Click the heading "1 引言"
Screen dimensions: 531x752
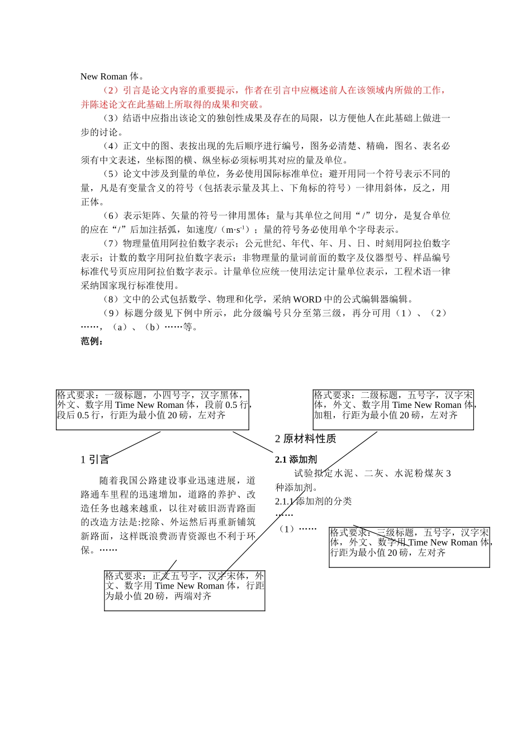click(x=94, y=460)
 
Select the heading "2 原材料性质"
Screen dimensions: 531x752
click(x=305, y=439)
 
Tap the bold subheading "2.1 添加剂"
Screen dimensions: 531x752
click(x=296, y=459)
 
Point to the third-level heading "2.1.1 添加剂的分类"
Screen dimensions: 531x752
click(x=313, y=501)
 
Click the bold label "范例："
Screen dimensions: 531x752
click(x=92, y=341)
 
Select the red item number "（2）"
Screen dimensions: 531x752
click(x=111, y=90)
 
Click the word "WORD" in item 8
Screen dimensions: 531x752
click(x=307, y=299)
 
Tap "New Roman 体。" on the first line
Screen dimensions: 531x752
click(x=112, y=77)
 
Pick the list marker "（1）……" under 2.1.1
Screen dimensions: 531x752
click(x=298, y=529)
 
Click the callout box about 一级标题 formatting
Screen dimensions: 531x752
click(x=152, y=410)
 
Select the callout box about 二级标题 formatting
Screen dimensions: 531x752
click(x=393, y=410)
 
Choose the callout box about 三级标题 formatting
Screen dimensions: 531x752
click(x=409, y=548)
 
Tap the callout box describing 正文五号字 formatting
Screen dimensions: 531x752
click(x=184, y=591)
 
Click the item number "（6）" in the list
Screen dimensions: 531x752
click(x=111, y=215)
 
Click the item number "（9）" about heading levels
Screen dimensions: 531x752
click(x=111, y=313)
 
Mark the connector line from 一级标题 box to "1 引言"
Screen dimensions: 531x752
click(x=134, y=444)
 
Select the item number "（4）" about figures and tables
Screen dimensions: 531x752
click(x=111, y=146)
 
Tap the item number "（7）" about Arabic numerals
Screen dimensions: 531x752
click(x=111, y=243)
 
